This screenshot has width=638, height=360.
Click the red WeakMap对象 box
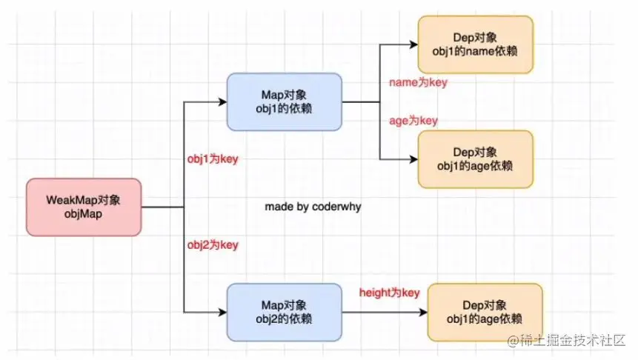tap(83, 207)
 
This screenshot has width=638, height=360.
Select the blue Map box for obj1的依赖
tap(284, 102)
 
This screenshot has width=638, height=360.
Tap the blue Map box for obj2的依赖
tap(284, 310)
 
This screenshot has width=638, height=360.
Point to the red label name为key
tap(418, 83)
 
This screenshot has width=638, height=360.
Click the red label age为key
tap(413, 120)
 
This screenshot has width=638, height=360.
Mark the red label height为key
tap(389, 293)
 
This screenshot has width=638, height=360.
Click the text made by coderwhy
tap(313, 207)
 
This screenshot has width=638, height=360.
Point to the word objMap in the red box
tap(83, 213)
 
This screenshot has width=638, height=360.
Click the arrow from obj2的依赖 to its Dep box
tap(385, 310)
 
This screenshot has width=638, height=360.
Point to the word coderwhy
tap(336, 207)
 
